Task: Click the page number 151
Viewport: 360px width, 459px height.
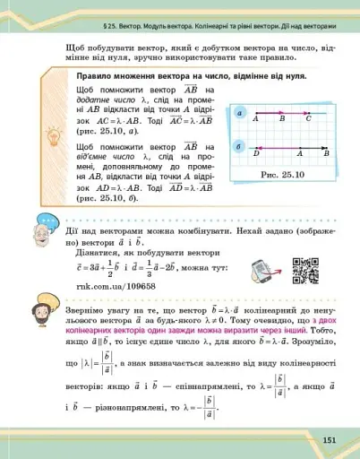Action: (x=329, y=439)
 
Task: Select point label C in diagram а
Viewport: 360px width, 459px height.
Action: (x=309, y=117)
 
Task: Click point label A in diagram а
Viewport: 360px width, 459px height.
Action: (x=255, y=117)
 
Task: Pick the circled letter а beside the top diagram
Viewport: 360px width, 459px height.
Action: (x=240, y=112)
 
